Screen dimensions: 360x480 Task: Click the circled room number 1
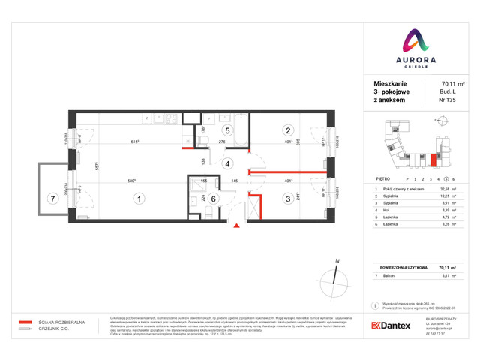tap(138, 199)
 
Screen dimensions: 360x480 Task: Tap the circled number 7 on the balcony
tap(51, 199)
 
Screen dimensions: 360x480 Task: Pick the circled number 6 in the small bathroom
tap(213, 199)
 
